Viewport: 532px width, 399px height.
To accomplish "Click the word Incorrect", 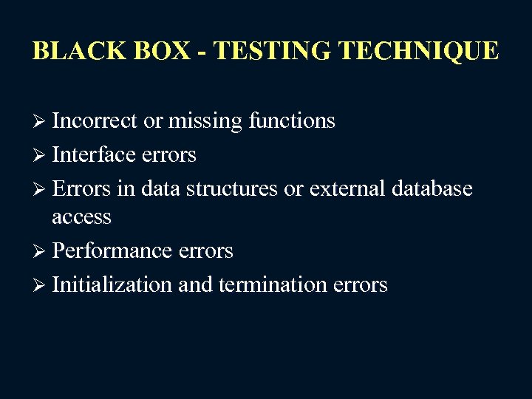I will tap(95, 120).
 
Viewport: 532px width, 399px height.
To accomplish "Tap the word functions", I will tap(292, 120).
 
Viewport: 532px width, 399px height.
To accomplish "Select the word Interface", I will tap(94, 154).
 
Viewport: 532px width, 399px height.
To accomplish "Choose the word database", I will tap(432, 188).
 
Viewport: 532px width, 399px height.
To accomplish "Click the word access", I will tap(81, 217).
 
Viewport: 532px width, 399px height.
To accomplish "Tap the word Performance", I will tap(112, 251).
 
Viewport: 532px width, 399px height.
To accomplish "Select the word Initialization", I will tap(112, 284).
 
